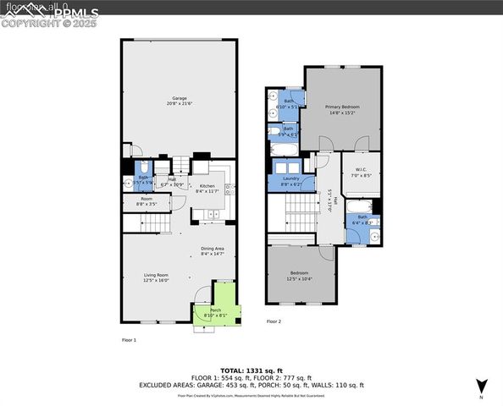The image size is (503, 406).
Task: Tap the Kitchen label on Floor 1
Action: click(207, 189)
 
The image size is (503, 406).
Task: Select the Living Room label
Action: click(155, 277)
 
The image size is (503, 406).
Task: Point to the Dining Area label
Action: click(213, 250)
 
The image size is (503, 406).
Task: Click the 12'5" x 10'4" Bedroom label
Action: click(300, 276)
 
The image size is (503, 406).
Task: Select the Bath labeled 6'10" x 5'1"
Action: click(289, 104)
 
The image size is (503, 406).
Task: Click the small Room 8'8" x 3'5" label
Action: click(146, 202)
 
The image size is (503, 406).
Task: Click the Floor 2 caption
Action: click(274, 321)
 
